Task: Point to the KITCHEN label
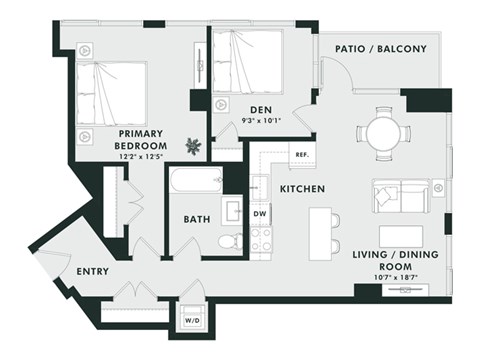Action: [301, 188]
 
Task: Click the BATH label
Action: [195, 219]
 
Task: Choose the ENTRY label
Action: [92, 271]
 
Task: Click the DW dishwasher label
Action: [259, 213]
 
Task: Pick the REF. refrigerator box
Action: [301, 155]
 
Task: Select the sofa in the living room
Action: [399, 196]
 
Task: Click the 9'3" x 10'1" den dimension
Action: [262, 122]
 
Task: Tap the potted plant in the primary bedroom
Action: [193, 147]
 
